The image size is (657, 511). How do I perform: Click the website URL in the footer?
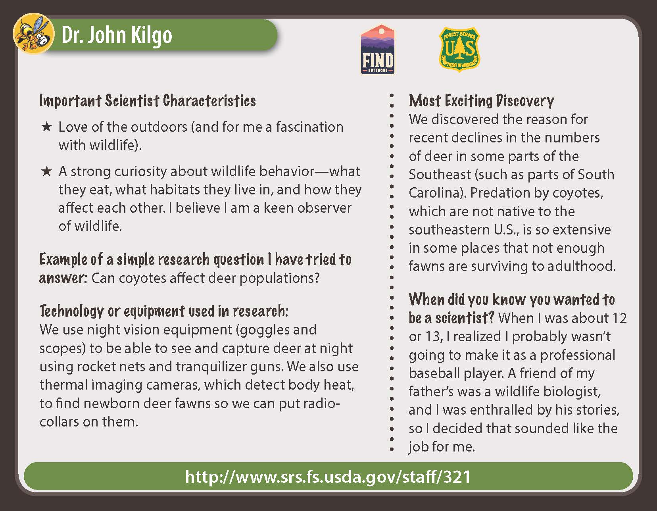pyautogui.click(x=328, y=476)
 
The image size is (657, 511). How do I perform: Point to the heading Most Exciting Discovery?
pyautogui.click(x=481, y=101)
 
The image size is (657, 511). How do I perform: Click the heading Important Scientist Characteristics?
pyautogui.click(x=147, y=101)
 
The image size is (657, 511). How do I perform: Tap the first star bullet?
pyautogui.click(x=46, y=127)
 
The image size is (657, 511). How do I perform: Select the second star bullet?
pyautogui.click(x=46, y=171)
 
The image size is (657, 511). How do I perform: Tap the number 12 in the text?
pyautogui.click(x=619, y=318)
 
